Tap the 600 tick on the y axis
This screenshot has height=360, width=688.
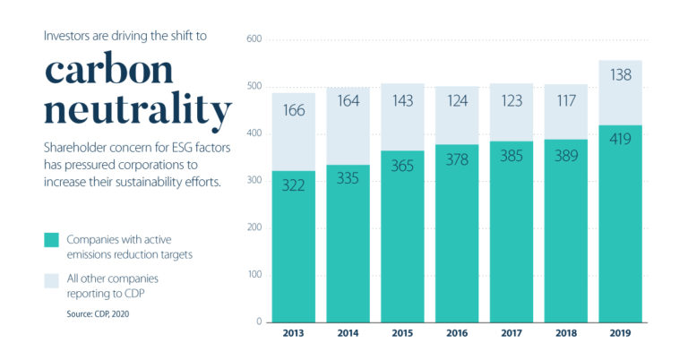254,39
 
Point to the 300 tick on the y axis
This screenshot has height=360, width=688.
254,181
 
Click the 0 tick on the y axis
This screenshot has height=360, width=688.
258,321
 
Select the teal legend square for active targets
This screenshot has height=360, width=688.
51,240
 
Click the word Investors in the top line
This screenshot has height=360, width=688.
68,38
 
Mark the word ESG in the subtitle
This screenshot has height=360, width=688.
172,148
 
